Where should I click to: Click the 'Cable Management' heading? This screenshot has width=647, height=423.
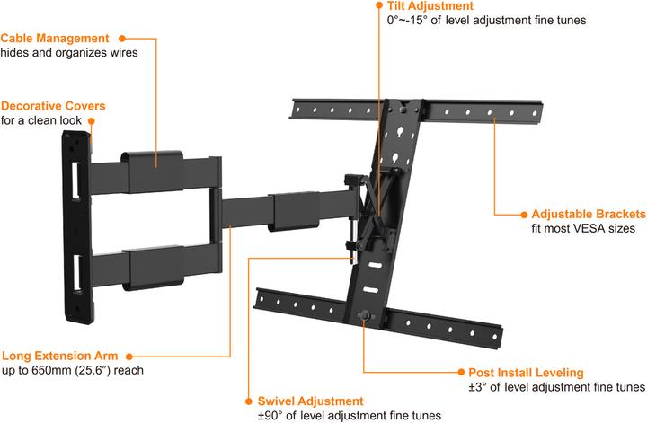(55, 39)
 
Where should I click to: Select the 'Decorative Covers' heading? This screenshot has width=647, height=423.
(51, 105)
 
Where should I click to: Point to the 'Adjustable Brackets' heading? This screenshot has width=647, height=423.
(589, 215)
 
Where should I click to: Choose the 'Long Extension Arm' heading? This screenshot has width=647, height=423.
(58, 356)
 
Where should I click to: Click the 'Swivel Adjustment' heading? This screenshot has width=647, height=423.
(311, 401)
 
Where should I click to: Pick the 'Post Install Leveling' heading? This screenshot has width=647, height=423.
(526, 372)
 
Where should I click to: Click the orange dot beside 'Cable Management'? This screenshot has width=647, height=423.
(121, 39)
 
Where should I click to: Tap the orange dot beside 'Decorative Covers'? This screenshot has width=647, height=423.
(114, 105)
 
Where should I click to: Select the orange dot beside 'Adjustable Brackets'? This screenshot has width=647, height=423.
(522, 215)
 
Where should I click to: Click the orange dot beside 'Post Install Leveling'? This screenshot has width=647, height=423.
(459, 372)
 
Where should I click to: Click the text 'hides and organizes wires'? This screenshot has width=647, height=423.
(68, 53)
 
